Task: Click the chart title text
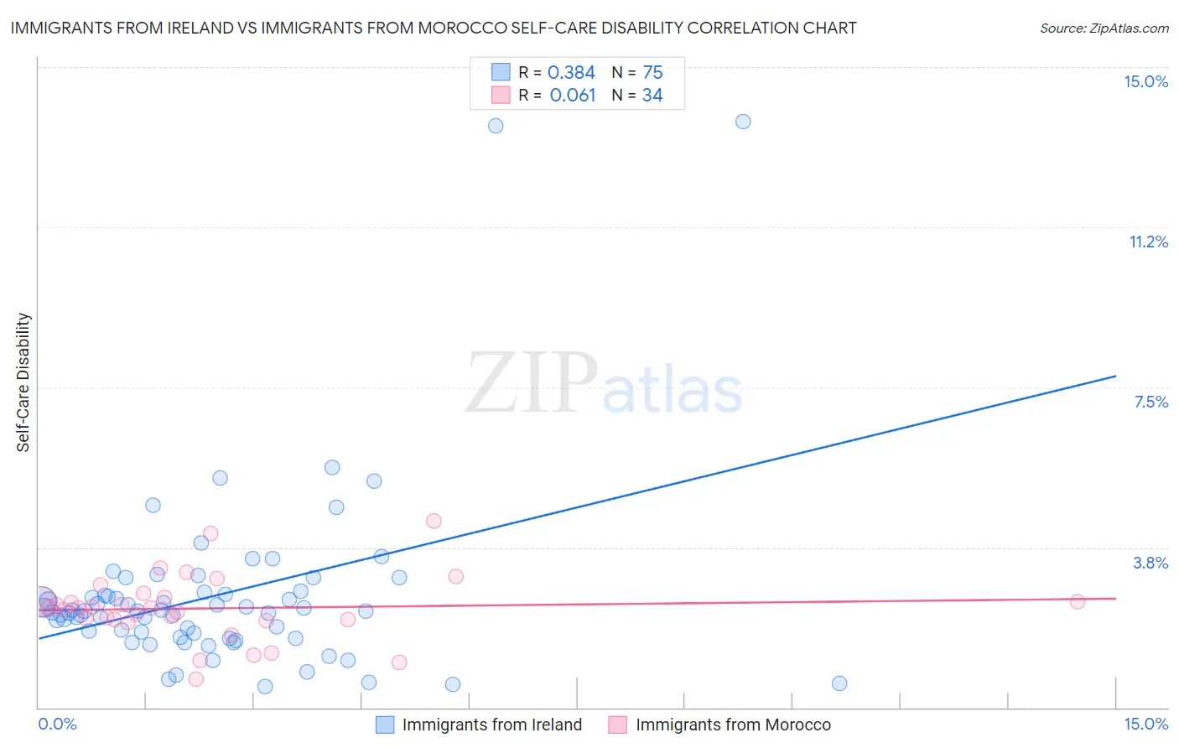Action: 434,28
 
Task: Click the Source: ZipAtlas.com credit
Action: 1104,28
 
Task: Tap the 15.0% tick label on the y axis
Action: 1145,81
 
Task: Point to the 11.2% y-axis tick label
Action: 1148,242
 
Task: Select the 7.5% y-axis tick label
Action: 1150,402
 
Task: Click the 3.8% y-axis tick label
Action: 1150,563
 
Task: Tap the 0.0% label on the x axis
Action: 57,724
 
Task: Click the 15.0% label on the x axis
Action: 1145,724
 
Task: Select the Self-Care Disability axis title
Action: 23,382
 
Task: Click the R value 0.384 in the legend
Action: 571,73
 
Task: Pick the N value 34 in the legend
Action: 652,96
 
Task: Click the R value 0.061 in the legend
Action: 573,96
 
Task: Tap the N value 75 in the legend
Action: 652,73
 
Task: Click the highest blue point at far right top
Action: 743,122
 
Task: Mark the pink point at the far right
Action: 1078,601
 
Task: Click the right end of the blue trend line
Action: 1115,377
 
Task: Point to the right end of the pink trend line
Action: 1115,598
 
